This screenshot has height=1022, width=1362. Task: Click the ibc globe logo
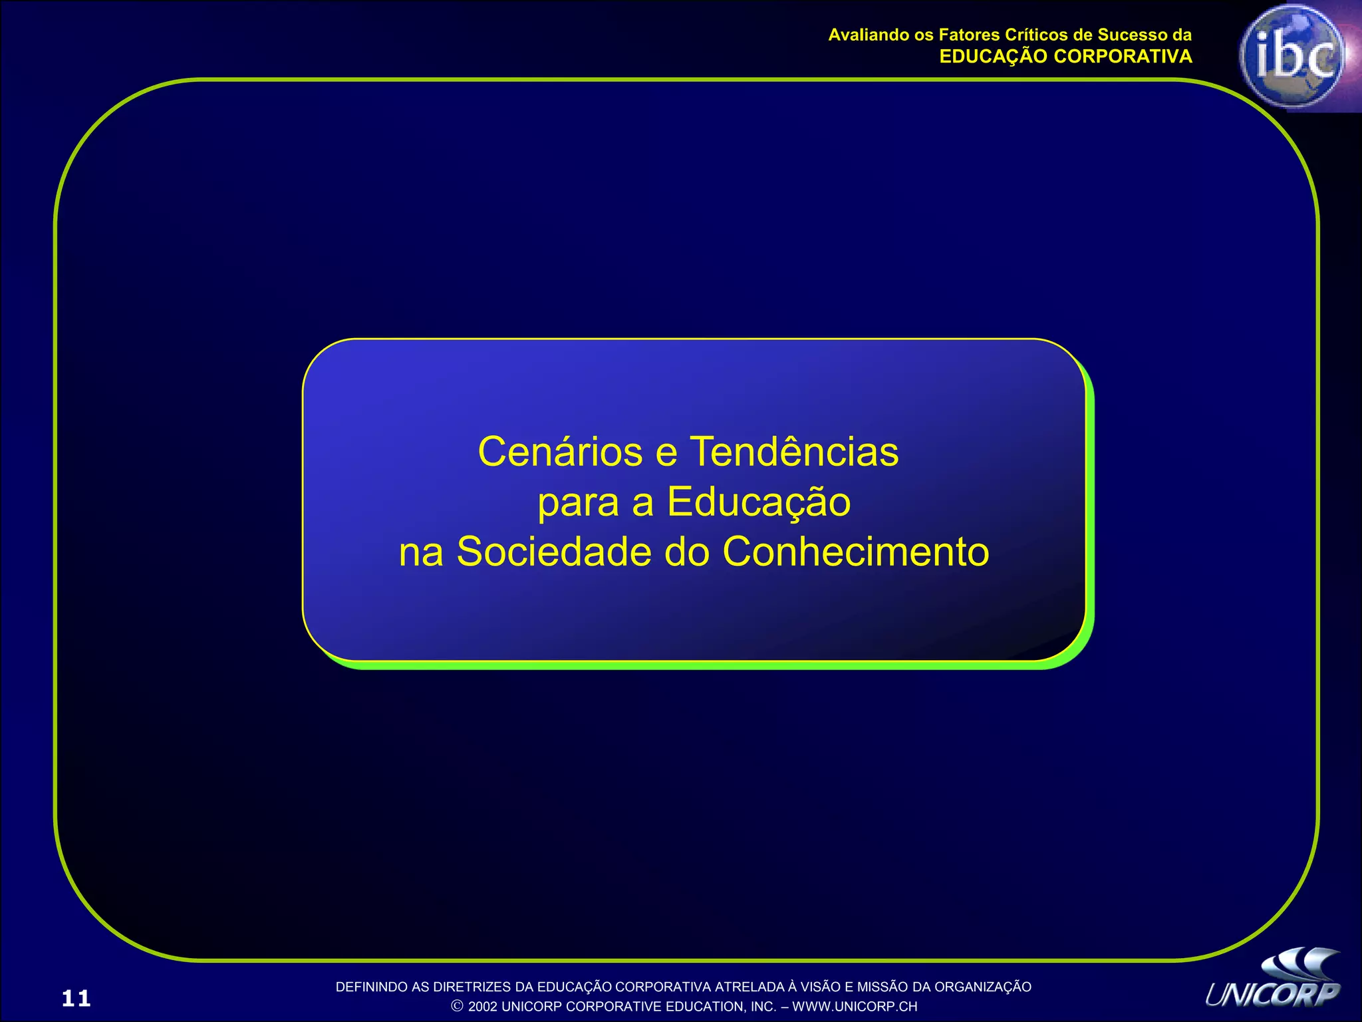(1292, 57)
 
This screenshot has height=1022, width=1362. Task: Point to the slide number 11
(76, 998)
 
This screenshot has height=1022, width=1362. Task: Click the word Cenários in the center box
(561, 452)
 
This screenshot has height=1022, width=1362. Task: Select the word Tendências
(794, 452)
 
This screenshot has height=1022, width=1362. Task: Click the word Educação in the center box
(759, 502)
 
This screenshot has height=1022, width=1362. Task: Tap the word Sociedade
(553, 552)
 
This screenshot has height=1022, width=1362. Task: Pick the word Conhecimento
(856, 552)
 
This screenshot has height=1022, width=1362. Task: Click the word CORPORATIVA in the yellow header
(1123, 57)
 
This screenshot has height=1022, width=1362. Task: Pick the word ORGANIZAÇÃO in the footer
(983, 987)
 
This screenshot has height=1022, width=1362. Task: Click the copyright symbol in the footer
(457, 1006)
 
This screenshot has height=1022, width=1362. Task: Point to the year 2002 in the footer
(483, 1007)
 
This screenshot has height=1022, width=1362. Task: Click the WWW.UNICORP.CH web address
(855, 1007)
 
